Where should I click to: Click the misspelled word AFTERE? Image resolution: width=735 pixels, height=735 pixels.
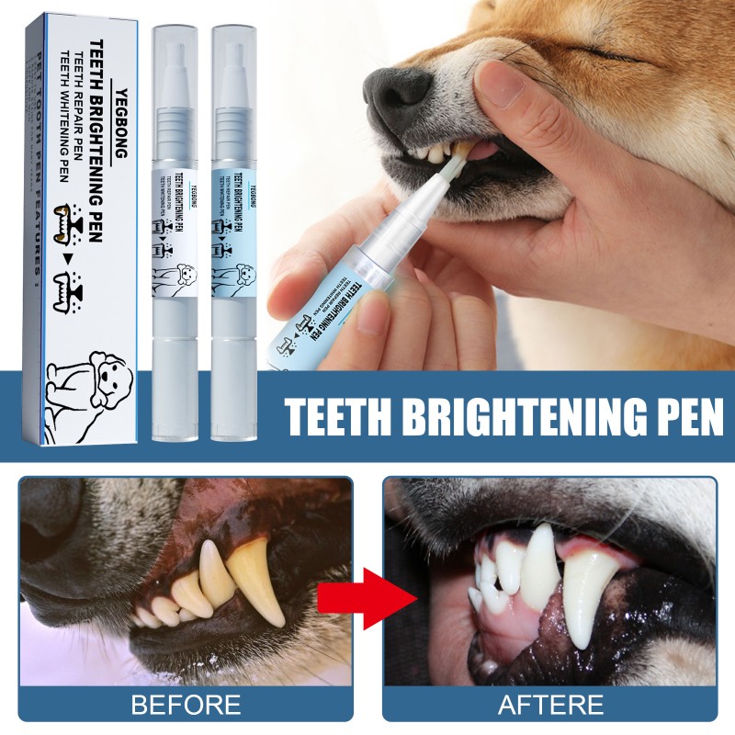[x=550, y=705]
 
